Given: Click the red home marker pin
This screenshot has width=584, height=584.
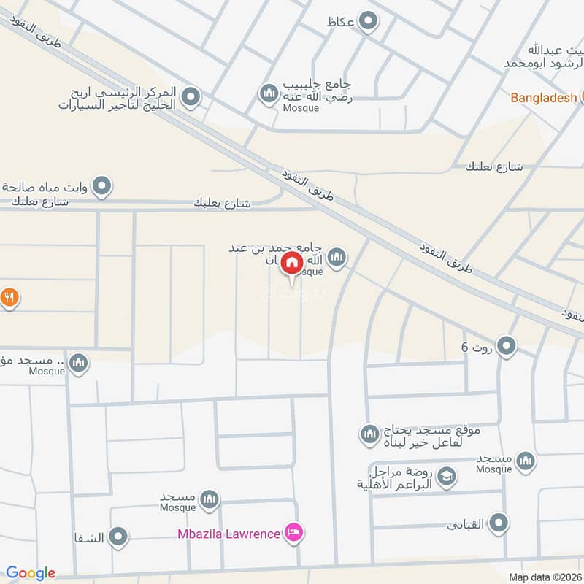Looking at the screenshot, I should point(292,262).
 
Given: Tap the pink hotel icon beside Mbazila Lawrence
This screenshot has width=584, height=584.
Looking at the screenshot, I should point(295,533).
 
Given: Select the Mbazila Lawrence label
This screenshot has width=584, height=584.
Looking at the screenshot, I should point(228,534).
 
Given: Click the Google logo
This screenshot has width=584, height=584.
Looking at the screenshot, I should point(31,573).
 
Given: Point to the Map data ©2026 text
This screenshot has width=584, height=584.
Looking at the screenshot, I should point(544,577).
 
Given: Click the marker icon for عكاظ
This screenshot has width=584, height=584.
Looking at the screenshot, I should point(369,22).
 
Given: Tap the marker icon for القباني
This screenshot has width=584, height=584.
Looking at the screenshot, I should point(499,523).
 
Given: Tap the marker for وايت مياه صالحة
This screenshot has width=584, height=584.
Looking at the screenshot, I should point(103,187).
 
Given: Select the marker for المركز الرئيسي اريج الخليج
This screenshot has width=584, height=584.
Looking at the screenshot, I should point(191,97).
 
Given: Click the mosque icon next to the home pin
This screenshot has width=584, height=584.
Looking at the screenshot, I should point(337,256).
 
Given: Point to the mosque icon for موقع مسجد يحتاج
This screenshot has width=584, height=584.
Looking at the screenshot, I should point(369,435).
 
